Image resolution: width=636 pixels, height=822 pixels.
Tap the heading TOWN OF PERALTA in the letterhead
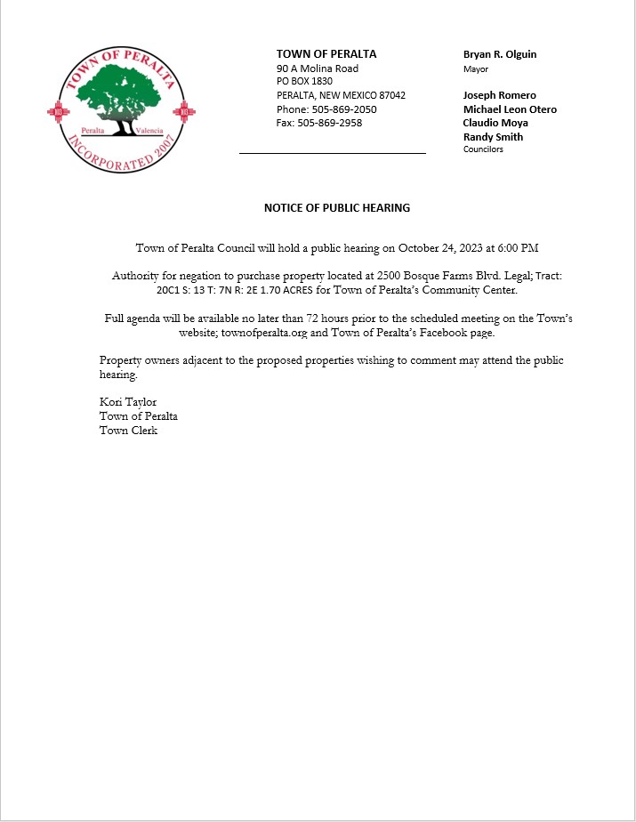[326, 54]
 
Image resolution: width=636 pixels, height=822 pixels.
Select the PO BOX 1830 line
[304, 82]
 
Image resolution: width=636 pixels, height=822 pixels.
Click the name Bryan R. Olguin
[500, 54]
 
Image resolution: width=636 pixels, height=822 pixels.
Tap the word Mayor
[476, 68]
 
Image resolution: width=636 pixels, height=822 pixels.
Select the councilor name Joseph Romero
[499, 95]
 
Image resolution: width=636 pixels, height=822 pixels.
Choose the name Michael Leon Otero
[510, 109]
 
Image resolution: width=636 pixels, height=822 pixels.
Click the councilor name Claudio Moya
[495, 123]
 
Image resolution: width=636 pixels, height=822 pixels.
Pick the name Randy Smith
[493, 137]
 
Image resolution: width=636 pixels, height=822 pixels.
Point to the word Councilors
[483, 149]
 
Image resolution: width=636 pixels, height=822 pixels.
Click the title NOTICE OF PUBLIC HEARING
[337, 208]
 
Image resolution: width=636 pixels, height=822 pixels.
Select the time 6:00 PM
[518, 248]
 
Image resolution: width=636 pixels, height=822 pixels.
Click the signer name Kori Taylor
[128, 402]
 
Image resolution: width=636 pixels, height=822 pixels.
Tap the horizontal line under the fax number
[333, 153]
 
